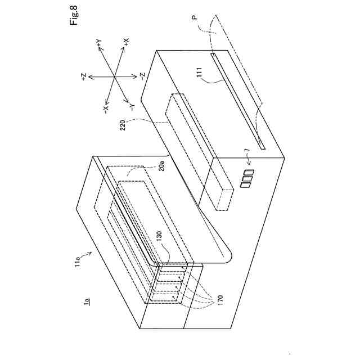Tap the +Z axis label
pyautogui.click(x=84, y=78)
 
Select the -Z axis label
pyautogui.click(x=143, y=76)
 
